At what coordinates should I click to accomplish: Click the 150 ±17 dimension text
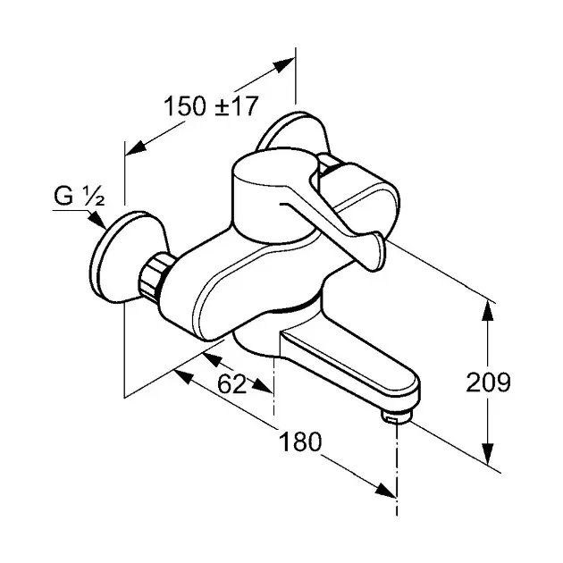tap(211, 106)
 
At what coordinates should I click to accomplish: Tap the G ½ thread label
tap(80, 197)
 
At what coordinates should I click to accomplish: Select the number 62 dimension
tap(232, 384)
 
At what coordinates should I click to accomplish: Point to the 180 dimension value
tap(300, 441)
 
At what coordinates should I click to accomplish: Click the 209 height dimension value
tap(488, 382)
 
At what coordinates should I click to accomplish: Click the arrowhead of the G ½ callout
tap(98, 220)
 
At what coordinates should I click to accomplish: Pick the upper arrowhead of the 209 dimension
tap(487, 312)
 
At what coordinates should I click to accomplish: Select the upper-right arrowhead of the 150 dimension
tap(283, 65)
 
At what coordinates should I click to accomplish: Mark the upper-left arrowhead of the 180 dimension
tap(184, 376)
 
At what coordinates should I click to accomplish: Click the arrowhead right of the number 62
tap(262, 386)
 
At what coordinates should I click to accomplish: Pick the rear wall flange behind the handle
tap(291, 133)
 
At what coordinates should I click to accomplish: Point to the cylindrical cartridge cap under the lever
tap(273, 199)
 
